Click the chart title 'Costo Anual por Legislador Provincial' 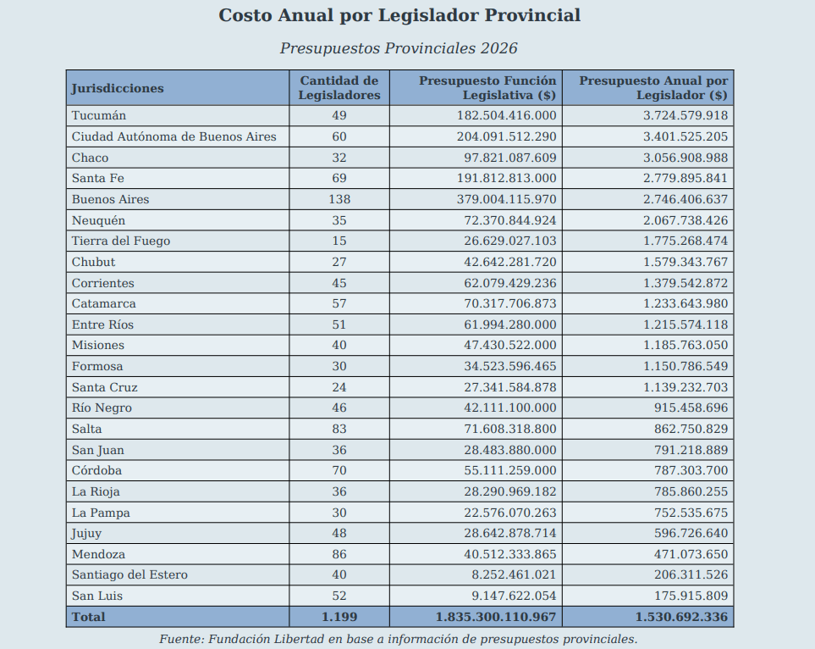[x=399, y=15]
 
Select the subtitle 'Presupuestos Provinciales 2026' [x=399, y=48]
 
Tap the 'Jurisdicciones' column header [x=118, y=88]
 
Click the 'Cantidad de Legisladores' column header [x=339, y=88]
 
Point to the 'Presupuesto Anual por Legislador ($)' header [x=654, y=88]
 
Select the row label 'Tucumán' [x=99, y=115]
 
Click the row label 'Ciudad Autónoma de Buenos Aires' [x=174, y=137]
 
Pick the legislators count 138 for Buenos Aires [x=339, y=199]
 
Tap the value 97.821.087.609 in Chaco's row [x=509, y=158]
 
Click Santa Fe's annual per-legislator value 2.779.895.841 [x=686, y=179]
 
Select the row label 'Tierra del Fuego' [x=121, y=241]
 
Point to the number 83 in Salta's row [x=339, y=430]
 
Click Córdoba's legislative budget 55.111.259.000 [x=509, y=470]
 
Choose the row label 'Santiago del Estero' [x=129, y=575]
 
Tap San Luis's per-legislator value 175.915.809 [x=691, y=596]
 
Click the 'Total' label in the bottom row [x=88, y=617]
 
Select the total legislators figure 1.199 [x=339, y=617]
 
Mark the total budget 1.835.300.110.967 [x=496, y=617]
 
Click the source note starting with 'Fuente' [x=398, y=639]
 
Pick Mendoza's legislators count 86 [x=339, y=554]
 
